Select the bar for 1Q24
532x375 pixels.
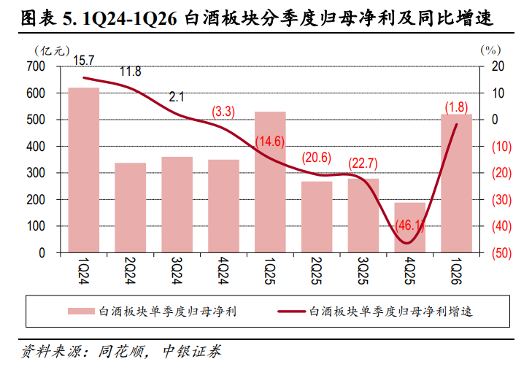pyautogui.click(x=84, y=170)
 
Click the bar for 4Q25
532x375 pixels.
pyautogui.click(x=410, y=228)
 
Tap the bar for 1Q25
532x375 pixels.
pyautogui.click(x=270, y=182)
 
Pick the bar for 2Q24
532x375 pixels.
pyautogui.click(x=131, y=208)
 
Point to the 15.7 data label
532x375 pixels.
pyautogui.click(x=83, y=61)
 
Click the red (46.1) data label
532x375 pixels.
pyautogui.click(x=410, y=225)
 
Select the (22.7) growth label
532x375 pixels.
pyautogui.click(x=363, y=163)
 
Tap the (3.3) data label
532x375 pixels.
pyautogui.click(x=223, y=112)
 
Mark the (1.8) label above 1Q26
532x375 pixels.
pyautogui.click(x=456, y=107)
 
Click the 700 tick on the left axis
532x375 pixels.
pyautogui.click(x=36, y=66)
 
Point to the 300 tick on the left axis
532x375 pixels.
pyautogui.click(x=36, y=173)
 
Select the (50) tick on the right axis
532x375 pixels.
pyautogui.click(x=501, y=253)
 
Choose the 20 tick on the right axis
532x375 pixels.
pyautogui.click(x=498, y=66)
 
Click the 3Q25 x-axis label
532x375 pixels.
pyautogui.click(x=363, y=271)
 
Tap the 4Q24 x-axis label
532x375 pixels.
pyautogui.click(x=223, y=271)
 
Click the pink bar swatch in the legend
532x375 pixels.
pyautogui.click(x=81, y=312)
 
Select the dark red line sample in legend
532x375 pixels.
pyautogui.click(x=291, y=312)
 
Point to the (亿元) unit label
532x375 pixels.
pyautogui.click(x=52, y=51)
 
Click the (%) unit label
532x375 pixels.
pyautogui.click(x=490, y=50)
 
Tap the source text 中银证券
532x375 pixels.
pyautogui.click(x=192, y=351)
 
